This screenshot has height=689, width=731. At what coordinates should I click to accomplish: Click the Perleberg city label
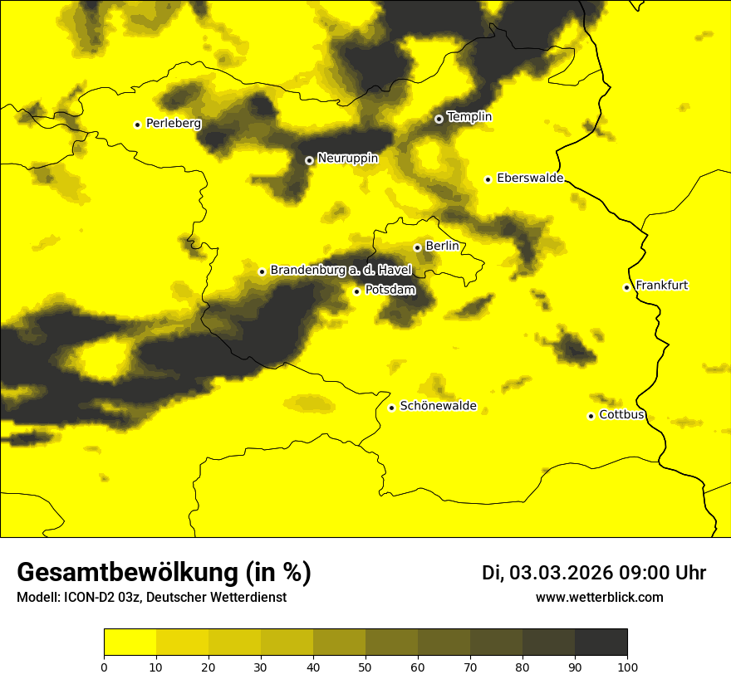(x=173, y=124)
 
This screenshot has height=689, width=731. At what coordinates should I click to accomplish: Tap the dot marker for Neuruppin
(x=309, y=160)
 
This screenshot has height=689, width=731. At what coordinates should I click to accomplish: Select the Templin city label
(x=469, y=117)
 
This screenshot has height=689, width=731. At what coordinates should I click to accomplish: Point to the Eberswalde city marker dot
(x=488, y=179)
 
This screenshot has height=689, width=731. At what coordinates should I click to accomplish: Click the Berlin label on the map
(x=442, y=247)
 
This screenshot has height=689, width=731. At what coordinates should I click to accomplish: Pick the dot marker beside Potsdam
(x=357, y=291)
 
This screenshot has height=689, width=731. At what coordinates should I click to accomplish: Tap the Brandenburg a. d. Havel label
(x=341, y=271)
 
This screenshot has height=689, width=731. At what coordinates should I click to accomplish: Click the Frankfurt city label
(x=661, y=286)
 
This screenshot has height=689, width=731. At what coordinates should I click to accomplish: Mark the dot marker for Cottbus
(x=591, y=416)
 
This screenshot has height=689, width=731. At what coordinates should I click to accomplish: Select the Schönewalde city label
(x=438, y=406)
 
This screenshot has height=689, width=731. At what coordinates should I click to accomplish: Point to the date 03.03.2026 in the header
(x=561, y=573)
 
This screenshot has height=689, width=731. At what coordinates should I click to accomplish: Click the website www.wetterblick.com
(x=600, y=597)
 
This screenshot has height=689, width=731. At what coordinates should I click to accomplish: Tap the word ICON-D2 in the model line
(x=88, y=597)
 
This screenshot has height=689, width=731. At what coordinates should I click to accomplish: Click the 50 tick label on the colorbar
(x=365, y=667)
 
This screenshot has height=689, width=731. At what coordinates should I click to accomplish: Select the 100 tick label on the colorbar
(x=627, y=667)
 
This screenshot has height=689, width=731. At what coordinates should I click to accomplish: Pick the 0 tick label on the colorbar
(x=104, y=667)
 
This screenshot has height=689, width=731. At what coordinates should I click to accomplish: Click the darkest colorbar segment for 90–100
(x=601, y=643)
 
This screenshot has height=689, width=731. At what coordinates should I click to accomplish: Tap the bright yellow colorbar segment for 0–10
(x=130, y=643)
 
